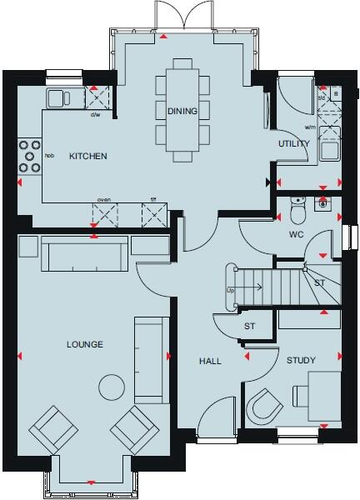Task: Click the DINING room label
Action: pos(182,111)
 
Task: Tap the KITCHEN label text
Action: pos(87,156)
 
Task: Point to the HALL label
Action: pos(208,361)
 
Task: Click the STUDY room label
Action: pos(302,361)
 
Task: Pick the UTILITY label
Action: pos(294,144)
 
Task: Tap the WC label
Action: pos(296,234)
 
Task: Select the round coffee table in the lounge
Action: pos(110,387)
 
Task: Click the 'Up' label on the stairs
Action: pos(230,290)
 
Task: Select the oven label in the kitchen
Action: pos(104,199)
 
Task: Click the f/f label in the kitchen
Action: pos(152,199)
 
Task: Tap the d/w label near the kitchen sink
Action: pos(94,115)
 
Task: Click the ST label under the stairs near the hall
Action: pos(249,326)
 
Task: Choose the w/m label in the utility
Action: pos(310,127)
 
